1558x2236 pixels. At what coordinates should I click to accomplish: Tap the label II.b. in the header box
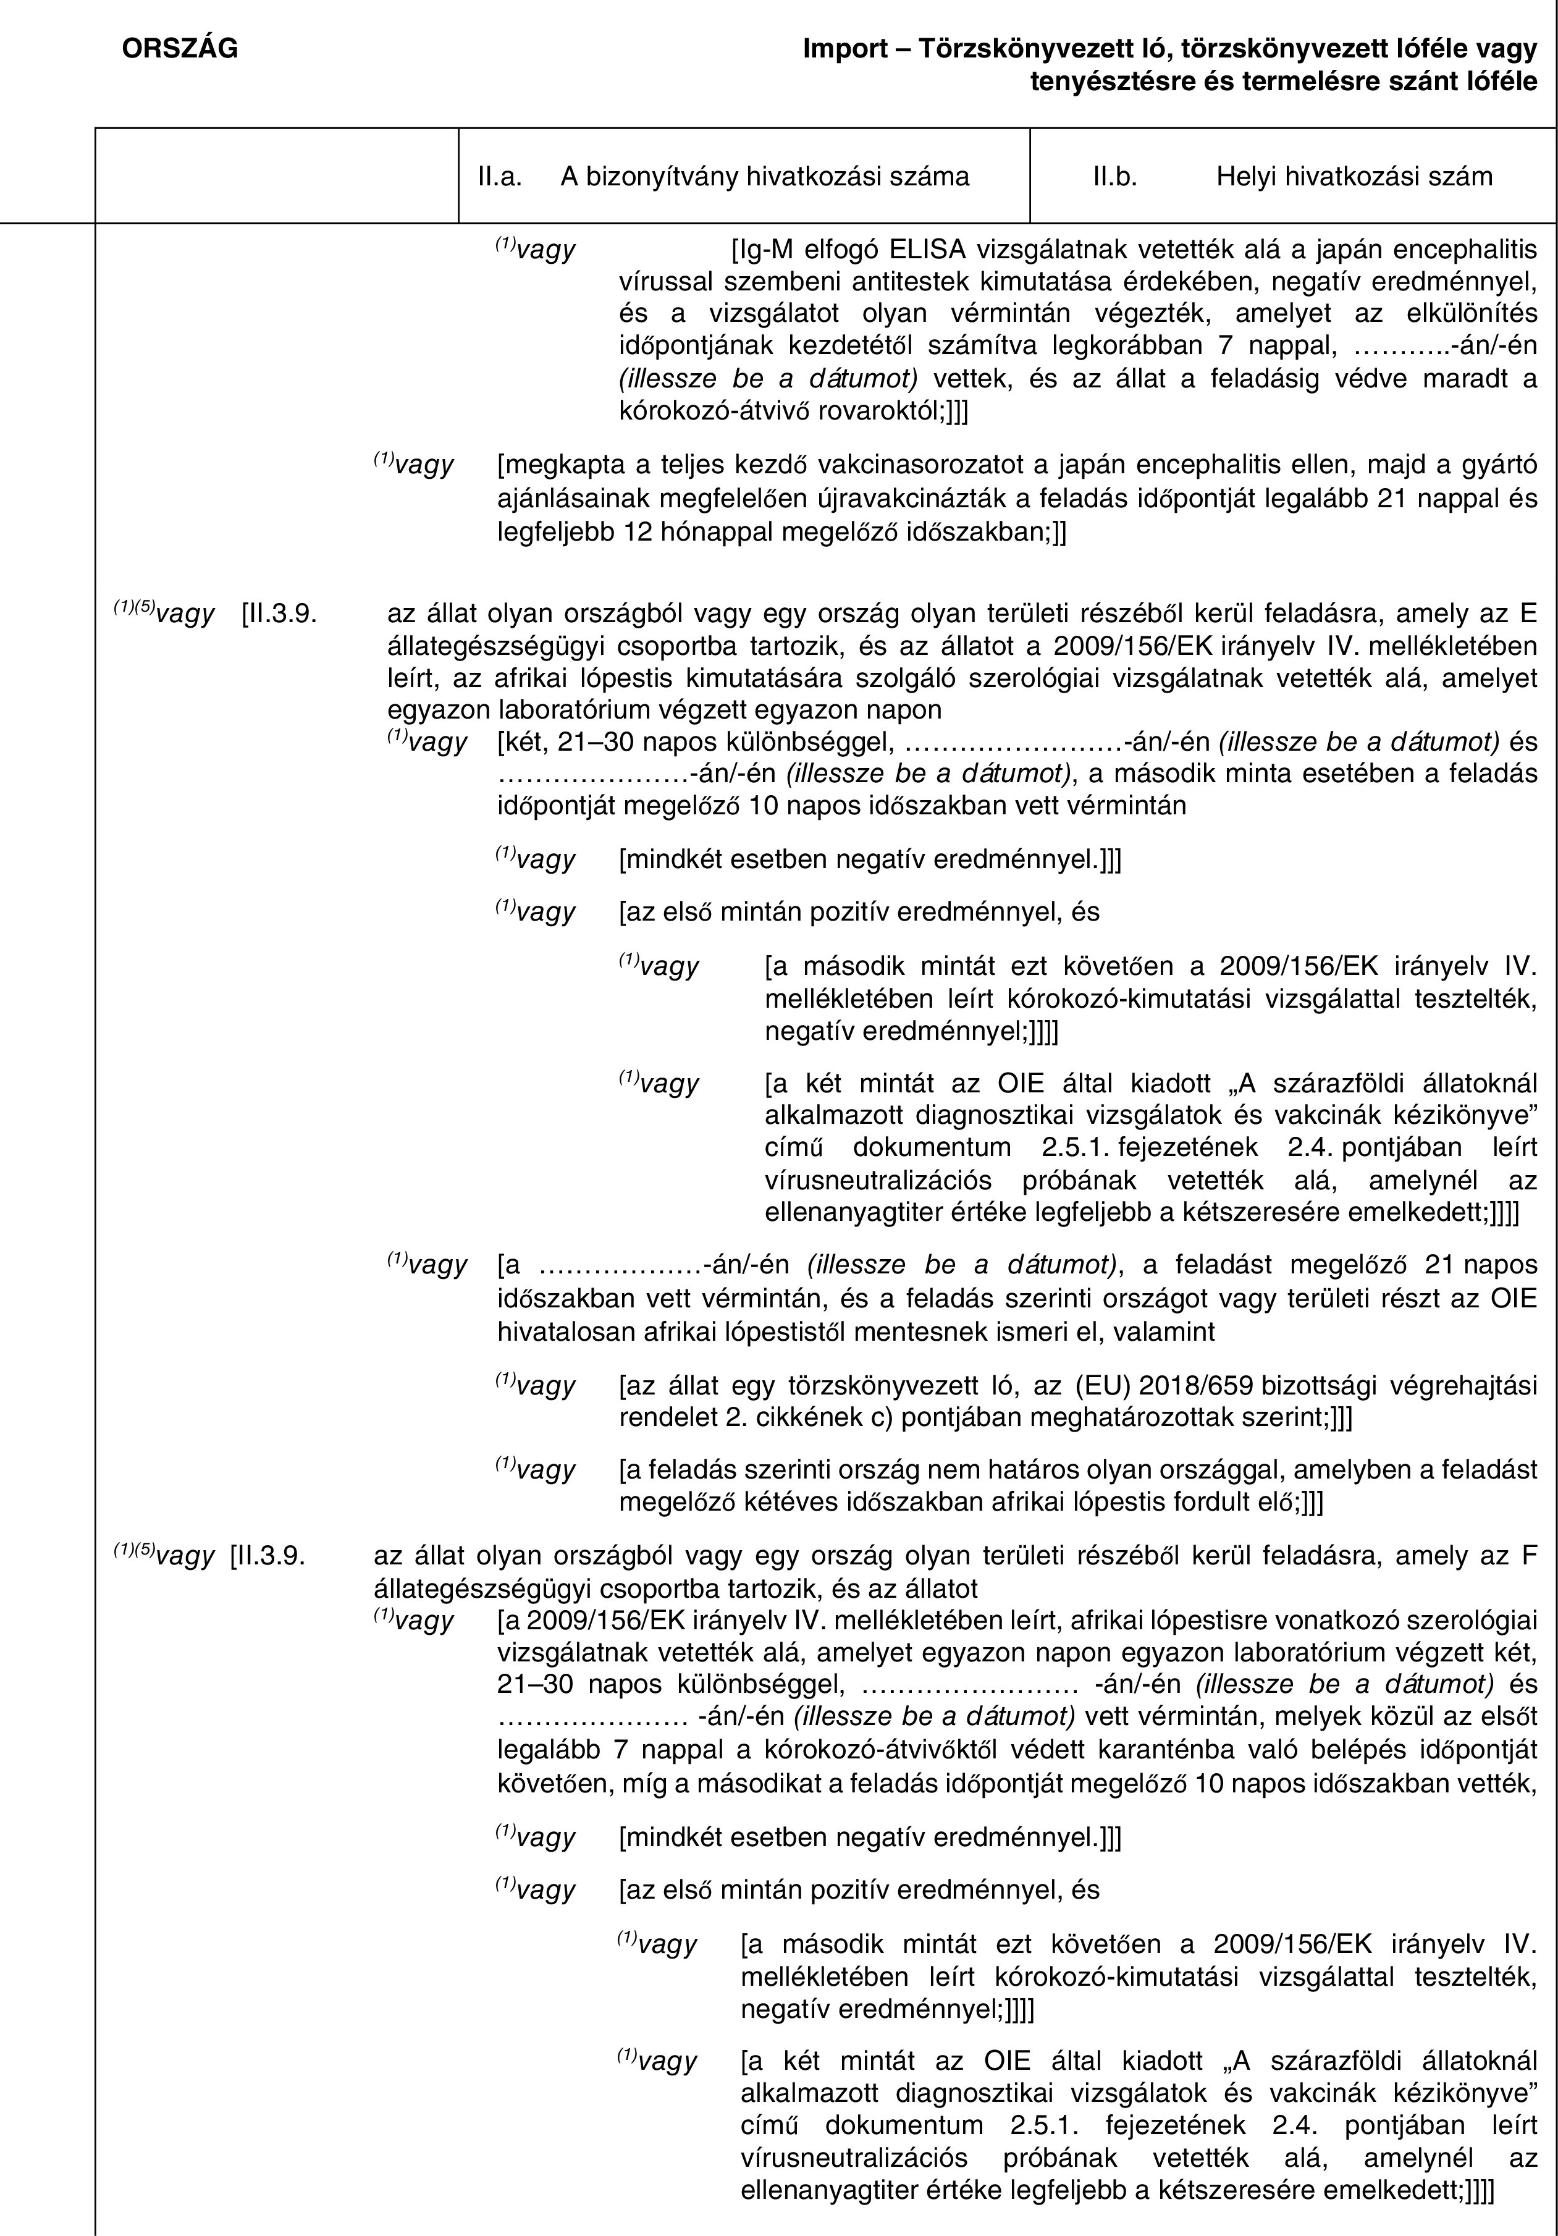(x=1115, y=176)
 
